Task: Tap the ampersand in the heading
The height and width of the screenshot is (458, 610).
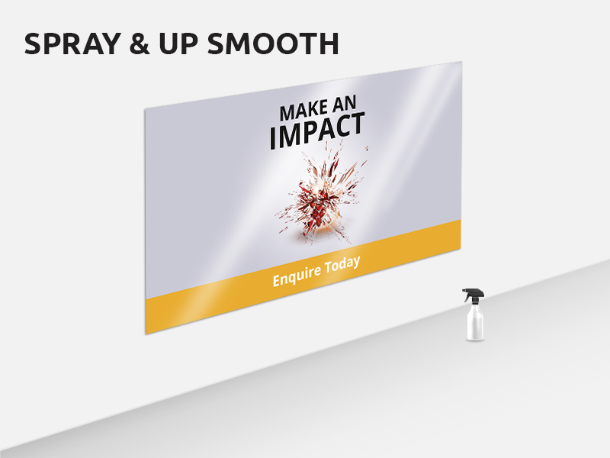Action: [x=140, y=44]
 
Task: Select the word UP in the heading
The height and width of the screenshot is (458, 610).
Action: [x=178, y=44]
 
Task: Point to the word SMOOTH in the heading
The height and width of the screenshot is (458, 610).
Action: [x=273, y=44]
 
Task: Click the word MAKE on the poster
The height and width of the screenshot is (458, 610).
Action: [x=304, y=111]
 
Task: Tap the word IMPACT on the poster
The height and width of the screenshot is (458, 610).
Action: [x=317, y=131]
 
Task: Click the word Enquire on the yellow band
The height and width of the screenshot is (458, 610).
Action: [x=297, y=276]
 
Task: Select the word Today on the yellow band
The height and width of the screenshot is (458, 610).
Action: [x=343, y=265]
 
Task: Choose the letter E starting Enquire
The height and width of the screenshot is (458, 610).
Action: [x=277, y=280]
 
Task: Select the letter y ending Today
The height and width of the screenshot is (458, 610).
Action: [x=356, y=264]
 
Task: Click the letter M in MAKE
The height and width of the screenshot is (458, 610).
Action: [x=288, y=113]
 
